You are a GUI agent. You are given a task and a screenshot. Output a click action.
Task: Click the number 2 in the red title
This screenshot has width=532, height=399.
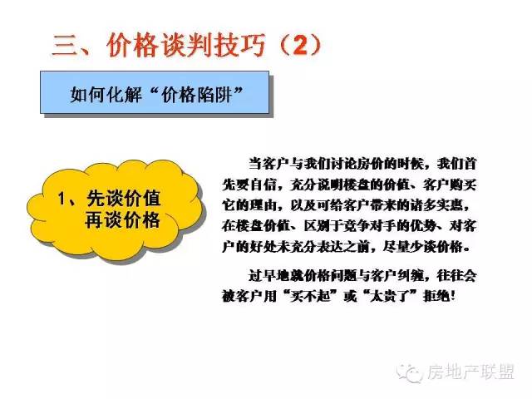pyautogui.click(x=300, y=45)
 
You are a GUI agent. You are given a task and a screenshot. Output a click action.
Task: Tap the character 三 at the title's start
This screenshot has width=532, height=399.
pyautogui.click(x=64, y=45)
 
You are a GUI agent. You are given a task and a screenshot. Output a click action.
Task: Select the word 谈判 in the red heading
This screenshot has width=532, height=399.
pyautogui.click(x=186, y=45)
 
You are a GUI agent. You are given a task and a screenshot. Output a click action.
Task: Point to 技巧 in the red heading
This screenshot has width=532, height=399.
pyautogui.click(x=239, y=45)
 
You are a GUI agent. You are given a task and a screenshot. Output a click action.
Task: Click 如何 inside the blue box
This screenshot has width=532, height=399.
pyautogui.click(x=88, y=94)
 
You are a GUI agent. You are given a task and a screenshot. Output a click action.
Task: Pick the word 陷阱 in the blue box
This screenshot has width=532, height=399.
pyautogui.click(x=214, y=94)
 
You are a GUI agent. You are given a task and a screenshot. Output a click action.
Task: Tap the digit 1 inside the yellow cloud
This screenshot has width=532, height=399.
pyautogui.click(x=62, y=199)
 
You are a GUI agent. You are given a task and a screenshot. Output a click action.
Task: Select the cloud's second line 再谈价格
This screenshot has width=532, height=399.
pyautogui.click(x=122, y=220)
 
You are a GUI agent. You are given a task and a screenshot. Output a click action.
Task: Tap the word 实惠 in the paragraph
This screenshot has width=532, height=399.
pyautogui.click(x=450, y=205)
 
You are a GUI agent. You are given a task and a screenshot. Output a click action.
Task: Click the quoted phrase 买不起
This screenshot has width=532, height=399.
pyautogui.click(x=310, y=296)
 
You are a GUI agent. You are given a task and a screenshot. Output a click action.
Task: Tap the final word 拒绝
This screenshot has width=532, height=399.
pyautogui.click(x=436, y=296)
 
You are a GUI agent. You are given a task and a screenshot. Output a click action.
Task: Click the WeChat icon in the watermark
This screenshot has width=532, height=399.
pyautogui.click(x=410, y=372)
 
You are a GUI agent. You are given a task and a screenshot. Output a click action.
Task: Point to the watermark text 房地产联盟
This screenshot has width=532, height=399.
pyautogui.click(x=471, y=372)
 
